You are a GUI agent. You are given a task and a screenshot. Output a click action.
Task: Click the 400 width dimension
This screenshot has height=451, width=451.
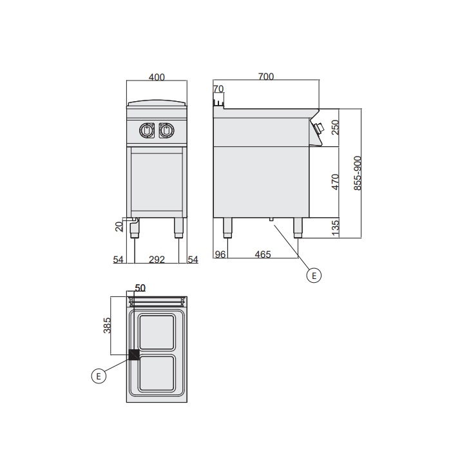pyautogui.click(x=157, y=77)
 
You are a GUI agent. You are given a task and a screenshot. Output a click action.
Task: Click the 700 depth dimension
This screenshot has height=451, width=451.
pyautogui.click(x=266, y=77)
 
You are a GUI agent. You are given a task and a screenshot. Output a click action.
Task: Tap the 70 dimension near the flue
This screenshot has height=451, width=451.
pyautogui.click(x=218, y=89)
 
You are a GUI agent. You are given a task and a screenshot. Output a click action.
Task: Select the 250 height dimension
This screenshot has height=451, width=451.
pyautogui.click(x=336, y=127)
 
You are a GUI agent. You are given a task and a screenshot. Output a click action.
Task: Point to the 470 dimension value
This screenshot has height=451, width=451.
pyautogui.click(x=336, y=182)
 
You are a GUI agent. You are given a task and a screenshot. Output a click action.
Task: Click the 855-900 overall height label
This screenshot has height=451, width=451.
pyautogui.click(x=357, y=173)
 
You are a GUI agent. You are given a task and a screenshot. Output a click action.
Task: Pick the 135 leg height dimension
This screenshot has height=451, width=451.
pyautogui.click(x=336, y=228)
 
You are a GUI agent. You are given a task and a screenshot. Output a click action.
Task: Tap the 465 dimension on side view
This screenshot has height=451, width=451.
pyautogui.click(x=263, y=254)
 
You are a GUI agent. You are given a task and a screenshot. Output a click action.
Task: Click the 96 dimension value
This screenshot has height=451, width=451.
pyautogui.click(x=220, y=254)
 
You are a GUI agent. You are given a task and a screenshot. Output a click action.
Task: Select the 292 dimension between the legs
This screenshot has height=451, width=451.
pyautogui.click(x=157, y=260)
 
